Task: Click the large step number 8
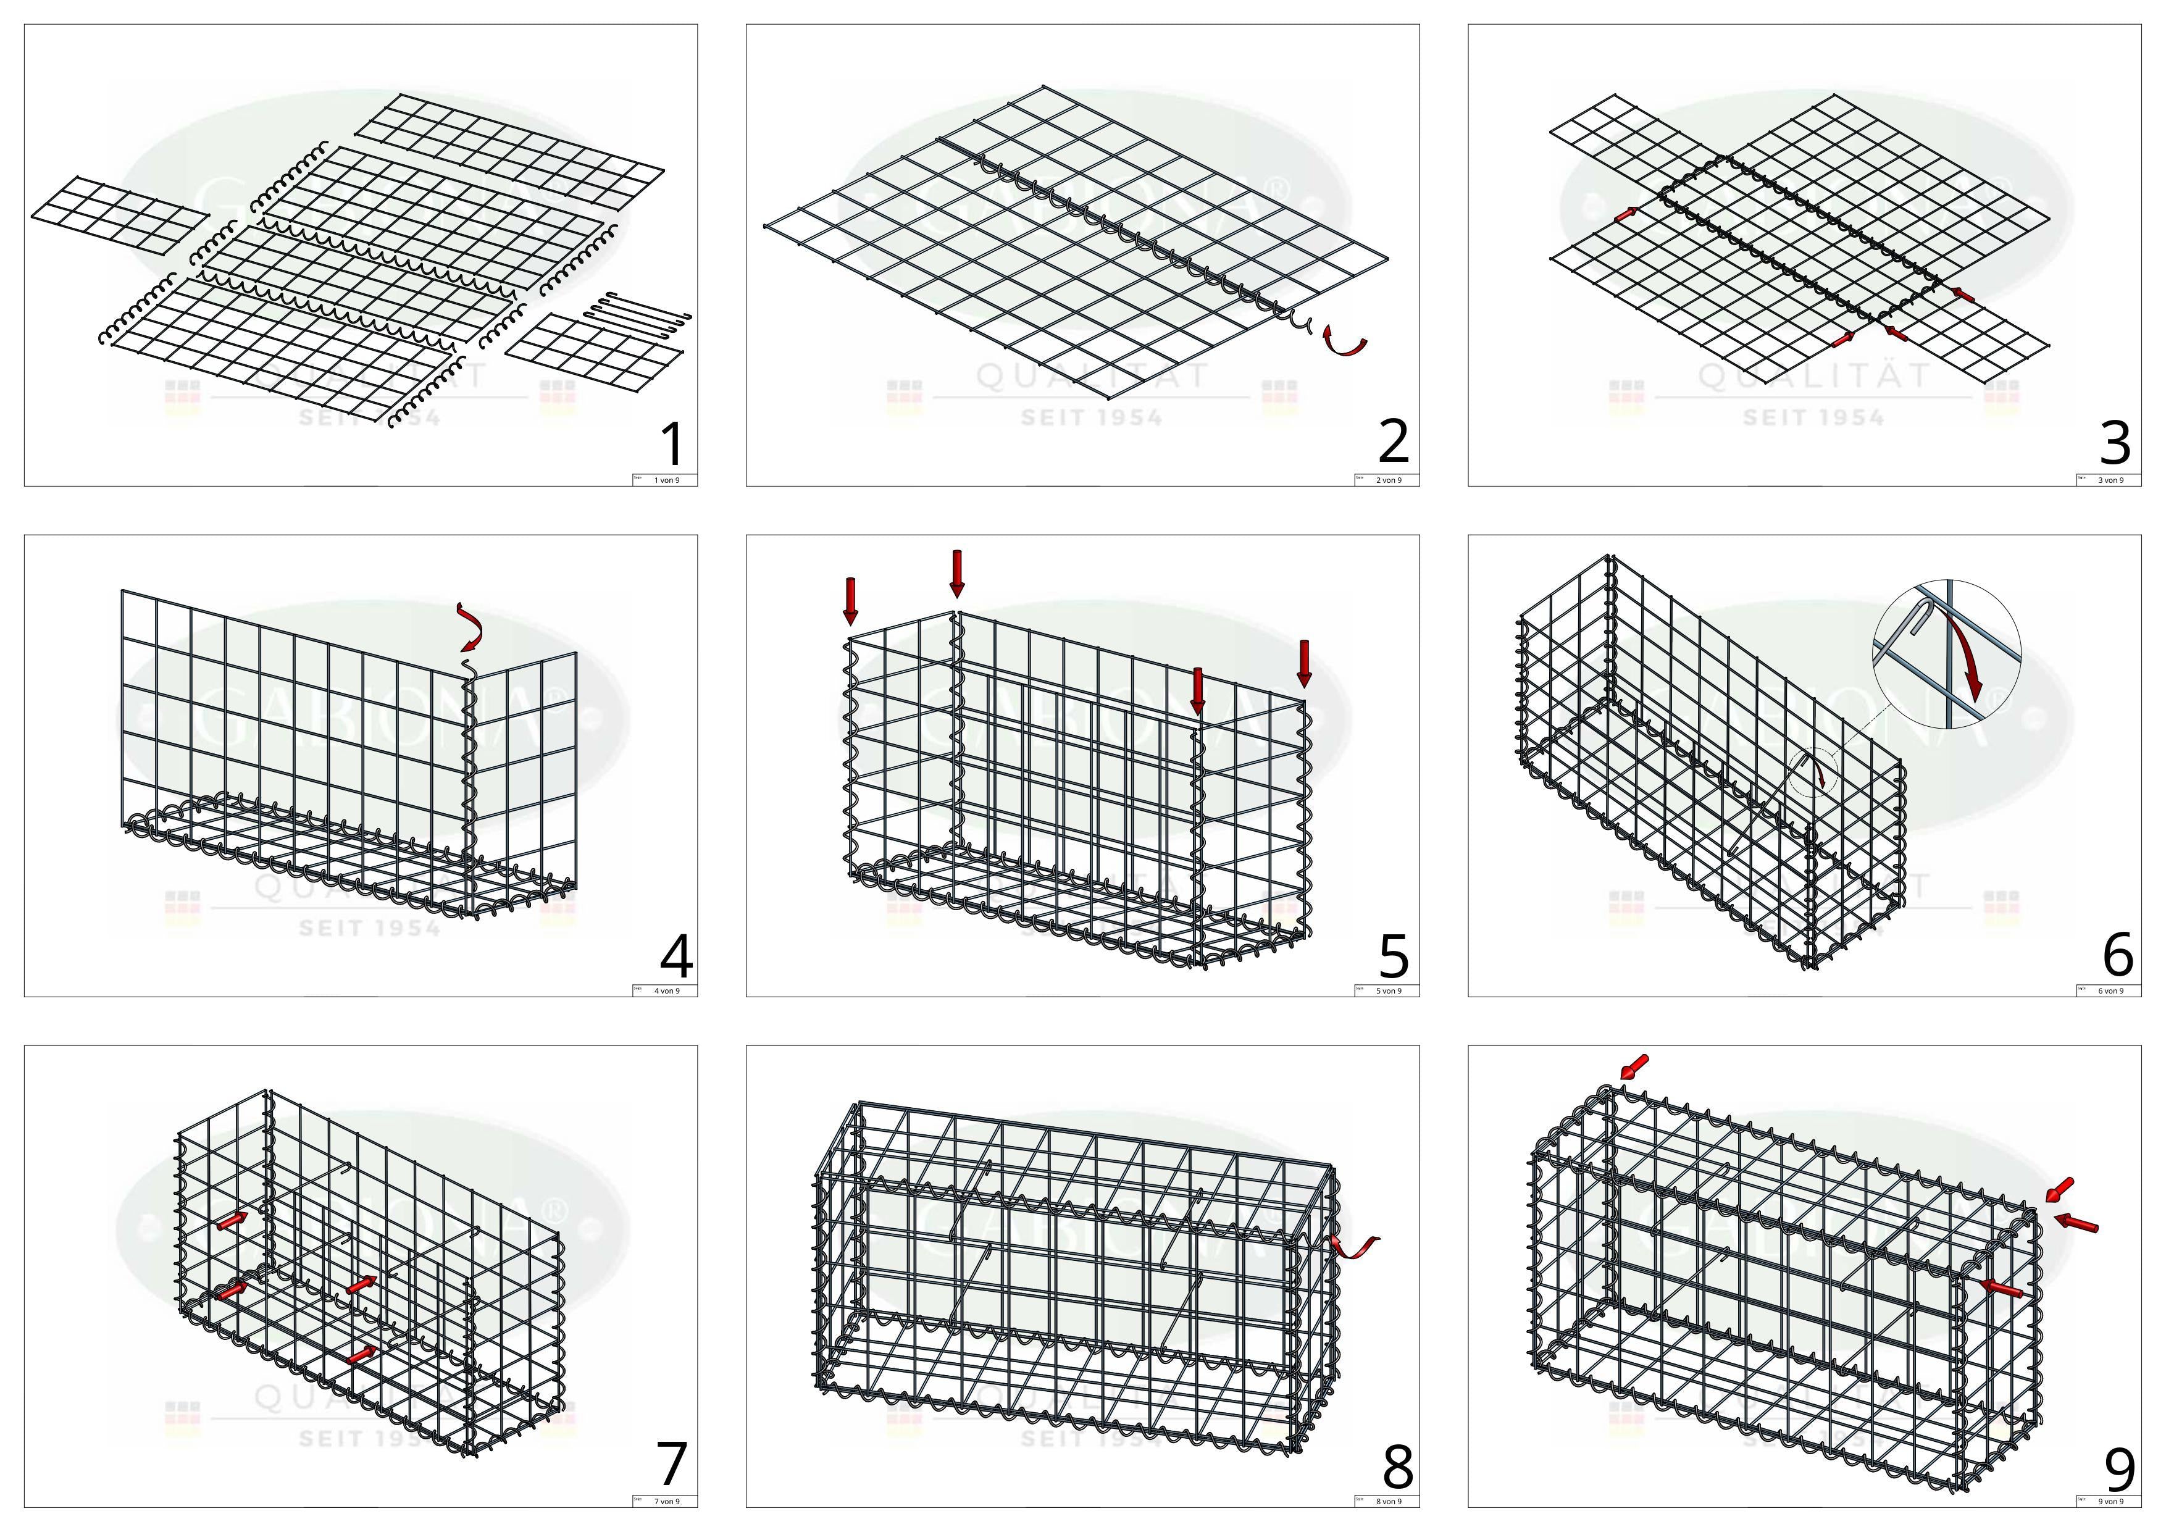point(1397,1467)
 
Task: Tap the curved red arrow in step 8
point(1353,1246)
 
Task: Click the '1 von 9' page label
point(667,480)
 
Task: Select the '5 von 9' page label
point(1389,990)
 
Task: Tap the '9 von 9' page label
point(2110,1501)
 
